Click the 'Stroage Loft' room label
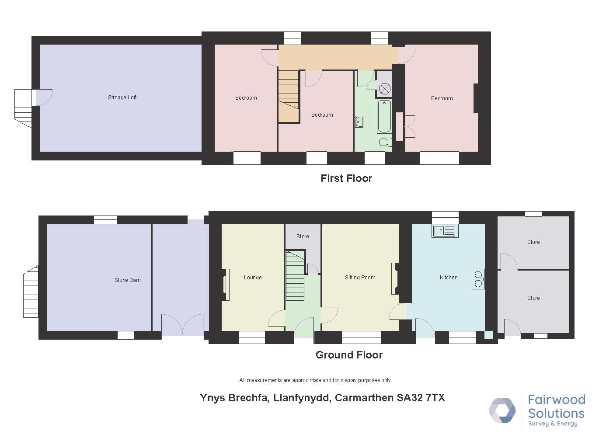[122, 97]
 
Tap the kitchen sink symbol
[445, 231]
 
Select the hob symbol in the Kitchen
[478, 279]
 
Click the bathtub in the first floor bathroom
[384, 116]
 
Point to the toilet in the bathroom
[386, 142]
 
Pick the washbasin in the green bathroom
[359, 122]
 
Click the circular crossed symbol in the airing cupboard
[384, 88]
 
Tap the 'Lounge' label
[253, 278]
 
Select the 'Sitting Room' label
[360, 278]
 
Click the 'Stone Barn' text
[127, 280]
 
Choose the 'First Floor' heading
[346, 178]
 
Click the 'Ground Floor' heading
[349, 355]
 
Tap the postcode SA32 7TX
[421, 398]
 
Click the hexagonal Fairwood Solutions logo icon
[502, 410]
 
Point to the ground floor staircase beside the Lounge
[295, 276]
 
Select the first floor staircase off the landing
[289, 96]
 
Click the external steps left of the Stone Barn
[31, 292]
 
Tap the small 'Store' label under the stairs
[303, 236]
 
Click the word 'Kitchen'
[449, 278]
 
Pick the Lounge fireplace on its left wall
[226, 285]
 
